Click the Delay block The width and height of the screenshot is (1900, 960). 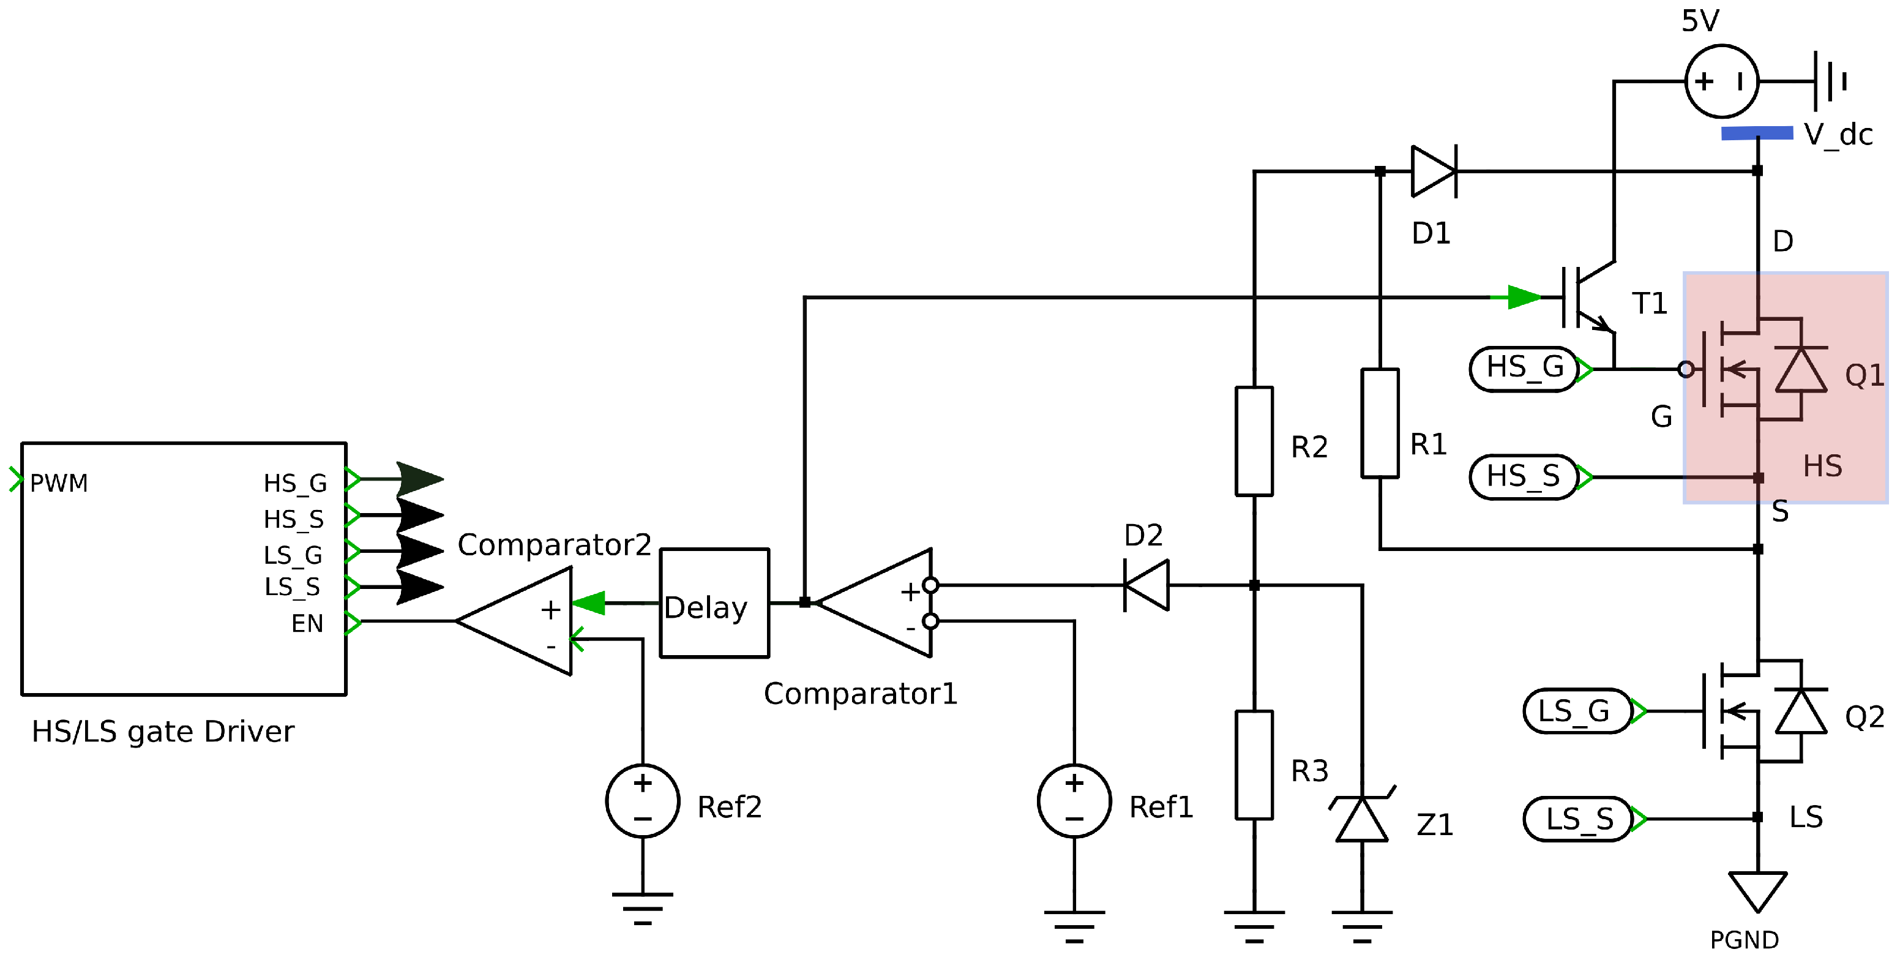pyautogui.click(x=714, y=603)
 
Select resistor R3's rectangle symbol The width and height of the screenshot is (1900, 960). pyautogui.click(x=1254, y=765)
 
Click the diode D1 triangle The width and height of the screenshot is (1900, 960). pyautogui.click(x=1433, y=171)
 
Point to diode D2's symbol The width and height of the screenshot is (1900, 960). pyautogui.click(x=1147, y=585)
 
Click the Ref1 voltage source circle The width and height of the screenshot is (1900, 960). pyautogui.click(x=1074, y=801)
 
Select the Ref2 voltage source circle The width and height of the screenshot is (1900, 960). pyautogui.click(x=643, y=801)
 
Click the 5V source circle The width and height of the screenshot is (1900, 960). pyautogui.click(x=1721, y=81)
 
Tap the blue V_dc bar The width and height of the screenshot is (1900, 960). pyautogui.click(x=1757, y=133)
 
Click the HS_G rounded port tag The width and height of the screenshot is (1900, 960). pyautogui.click(x=1524, y=368)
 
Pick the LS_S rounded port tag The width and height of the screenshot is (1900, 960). pyautogui.click(x=1577, y=819)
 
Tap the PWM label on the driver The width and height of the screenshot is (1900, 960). pyautogui.click(x=59, y=483)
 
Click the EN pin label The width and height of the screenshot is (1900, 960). pyautogui.click(x=307, y=623)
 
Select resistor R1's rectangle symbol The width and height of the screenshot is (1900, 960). pyautogui.click(x=1379, y=424)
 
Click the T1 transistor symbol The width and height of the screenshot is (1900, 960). pyautogui.click(x=1586, y=298)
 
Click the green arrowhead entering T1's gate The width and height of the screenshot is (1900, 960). pyautogui.click(x=1524, y=298)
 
